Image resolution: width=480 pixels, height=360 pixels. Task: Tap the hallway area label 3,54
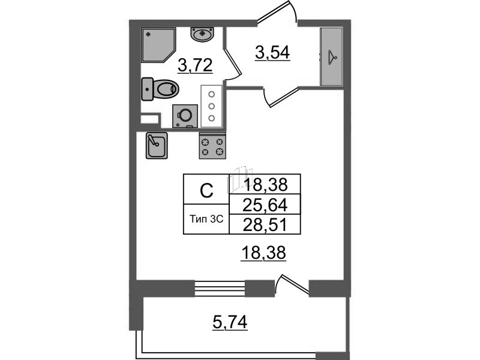click(272, 53)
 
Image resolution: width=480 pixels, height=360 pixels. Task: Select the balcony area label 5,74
click(230, 324)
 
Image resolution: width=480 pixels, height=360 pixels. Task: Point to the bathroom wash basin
click(202, 34)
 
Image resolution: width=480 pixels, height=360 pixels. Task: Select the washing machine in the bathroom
click(185, 115)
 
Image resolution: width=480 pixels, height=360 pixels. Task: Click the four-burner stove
click(212, 145)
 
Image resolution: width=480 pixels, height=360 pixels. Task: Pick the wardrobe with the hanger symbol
click(332, 56)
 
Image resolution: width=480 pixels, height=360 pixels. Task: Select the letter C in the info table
click(206, 191)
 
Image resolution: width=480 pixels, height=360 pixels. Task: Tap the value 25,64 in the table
click(264, 205)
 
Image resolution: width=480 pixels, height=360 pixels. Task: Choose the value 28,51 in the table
click(264, 224)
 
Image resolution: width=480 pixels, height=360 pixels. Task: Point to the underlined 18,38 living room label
click(264, 254)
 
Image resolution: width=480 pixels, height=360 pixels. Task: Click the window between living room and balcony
click(221, 287)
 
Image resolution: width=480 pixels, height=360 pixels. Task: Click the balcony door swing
click(293, 284)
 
